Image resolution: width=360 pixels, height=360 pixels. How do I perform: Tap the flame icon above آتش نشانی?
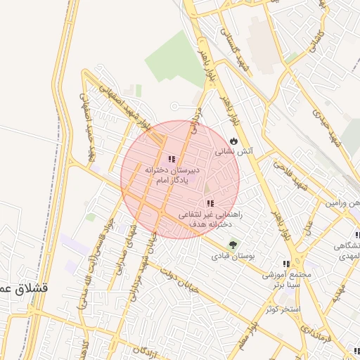click(x=233, y=140)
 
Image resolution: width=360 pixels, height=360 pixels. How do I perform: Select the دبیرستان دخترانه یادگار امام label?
click(x=172, y=175)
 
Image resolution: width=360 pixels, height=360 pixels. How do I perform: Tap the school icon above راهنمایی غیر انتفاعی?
click(x=210, y=203)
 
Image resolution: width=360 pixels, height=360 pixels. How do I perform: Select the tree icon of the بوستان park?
click(x=232, y=245)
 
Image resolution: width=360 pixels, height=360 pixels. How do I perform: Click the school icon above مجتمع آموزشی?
click(x=285, y=264)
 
